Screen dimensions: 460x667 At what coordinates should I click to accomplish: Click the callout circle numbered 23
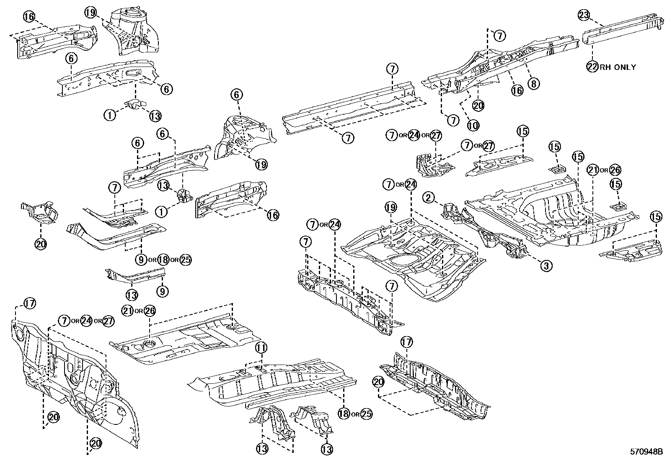pyautogui.click(x=584, y=15)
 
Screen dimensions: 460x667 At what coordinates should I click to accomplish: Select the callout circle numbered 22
pyautogui.click(x=592, y=67)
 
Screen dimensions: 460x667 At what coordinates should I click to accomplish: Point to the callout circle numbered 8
pyautogui.click(x=533, y=84)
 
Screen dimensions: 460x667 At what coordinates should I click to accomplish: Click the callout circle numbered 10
pyautogui.click(x=473, y=124)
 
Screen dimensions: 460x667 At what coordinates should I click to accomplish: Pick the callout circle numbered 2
pyautogui.click(x=428, y=197)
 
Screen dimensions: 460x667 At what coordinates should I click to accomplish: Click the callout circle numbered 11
pyautogui.click(x=261, y=347)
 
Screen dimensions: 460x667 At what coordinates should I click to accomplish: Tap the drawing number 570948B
pyautogui.click(x=647, y=452)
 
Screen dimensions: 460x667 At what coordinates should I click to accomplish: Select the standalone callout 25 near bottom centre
pyautogui.click(x=366, y=414)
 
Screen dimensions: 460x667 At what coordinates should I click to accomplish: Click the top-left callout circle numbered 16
pyautogui.click(x=28, y=17)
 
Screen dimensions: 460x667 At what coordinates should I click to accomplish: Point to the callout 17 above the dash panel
pyautogui.click(x=30, y=303)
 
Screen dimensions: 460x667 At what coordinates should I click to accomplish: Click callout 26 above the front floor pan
pyautogui.click(x=149, y=311)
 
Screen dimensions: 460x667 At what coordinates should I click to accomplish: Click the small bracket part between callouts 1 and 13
pyautogui.click(x=134, y=104)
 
